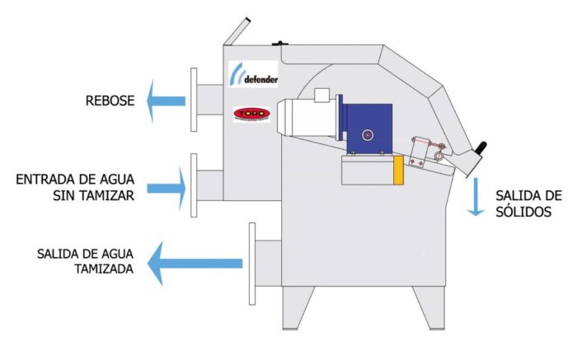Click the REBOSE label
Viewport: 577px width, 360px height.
[106, 101]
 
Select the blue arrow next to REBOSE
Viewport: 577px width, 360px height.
[165, 101]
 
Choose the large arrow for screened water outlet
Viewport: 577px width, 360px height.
[195, 264]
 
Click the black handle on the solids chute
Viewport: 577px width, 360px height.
[481, 152]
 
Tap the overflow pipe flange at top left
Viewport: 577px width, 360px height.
[194, 100]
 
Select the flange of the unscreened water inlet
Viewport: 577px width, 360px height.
[194, 185]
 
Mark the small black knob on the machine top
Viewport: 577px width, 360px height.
[280, 44]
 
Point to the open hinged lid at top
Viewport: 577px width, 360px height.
[237, 30]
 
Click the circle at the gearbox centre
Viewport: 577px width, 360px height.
[368, 133]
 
